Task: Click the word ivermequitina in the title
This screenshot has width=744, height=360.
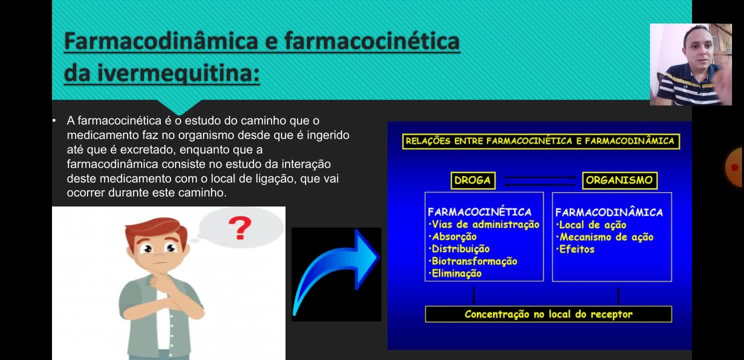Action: point(178,72)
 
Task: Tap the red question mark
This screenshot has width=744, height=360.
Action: point(240,227)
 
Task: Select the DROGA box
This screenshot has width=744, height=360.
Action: point(472,180)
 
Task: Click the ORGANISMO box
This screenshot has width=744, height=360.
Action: point(619,180)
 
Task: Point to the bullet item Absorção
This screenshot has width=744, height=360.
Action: point(452,237)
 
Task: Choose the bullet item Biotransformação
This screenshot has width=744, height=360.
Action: point(472,261)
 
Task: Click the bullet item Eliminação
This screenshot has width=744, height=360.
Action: point(455,273)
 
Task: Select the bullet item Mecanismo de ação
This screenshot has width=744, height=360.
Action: point(605,237)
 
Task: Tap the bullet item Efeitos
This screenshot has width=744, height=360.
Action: point(575,249)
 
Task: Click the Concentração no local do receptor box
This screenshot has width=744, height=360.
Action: point(548,314)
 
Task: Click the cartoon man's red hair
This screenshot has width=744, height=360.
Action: point(156,229)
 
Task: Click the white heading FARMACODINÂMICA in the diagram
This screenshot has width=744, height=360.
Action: point(609,212)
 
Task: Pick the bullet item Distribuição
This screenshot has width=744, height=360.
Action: point(459,249)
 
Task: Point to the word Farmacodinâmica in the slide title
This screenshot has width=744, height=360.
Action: point(161,41)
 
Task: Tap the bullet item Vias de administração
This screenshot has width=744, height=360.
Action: point(484,224)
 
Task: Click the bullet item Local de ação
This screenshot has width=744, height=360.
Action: point(591,225)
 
